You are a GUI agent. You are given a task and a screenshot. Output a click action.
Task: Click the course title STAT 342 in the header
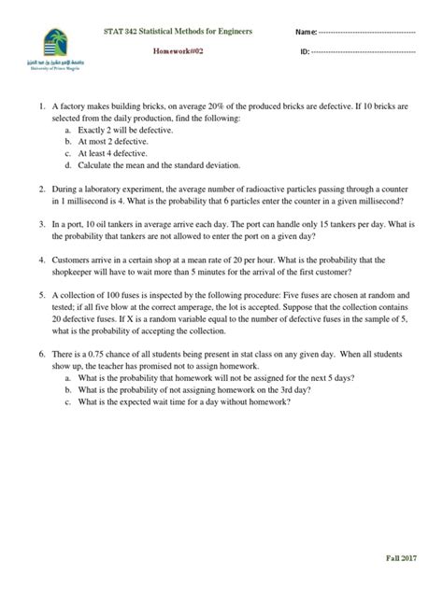179,32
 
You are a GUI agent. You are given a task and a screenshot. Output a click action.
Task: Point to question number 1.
41,108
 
